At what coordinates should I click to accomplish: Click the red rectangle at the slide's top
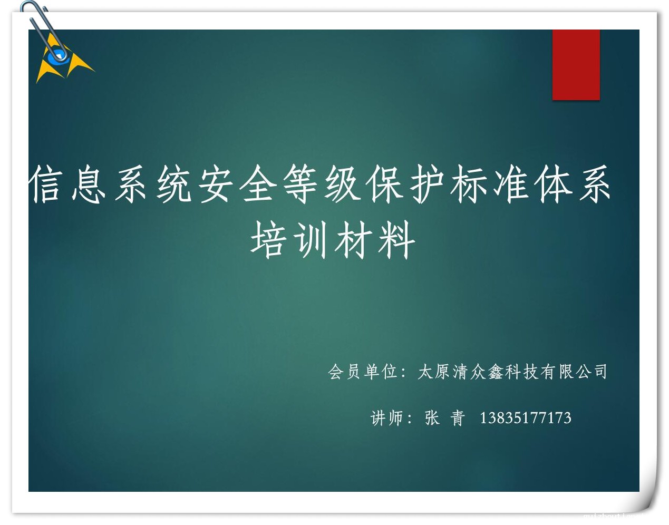point(576,65)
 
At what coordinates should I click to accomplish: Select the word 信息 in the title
point(67,184)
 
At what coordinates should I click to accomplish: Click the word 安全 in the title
point(237,184)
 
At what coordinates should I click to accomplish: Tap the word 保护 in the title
point(405,184)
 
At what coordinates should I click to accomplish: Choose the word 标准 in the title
point(489,184)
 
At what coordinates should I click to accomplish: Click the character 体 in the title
point(553,184)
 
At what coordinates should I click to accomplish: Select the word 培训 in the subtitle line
point(288,240)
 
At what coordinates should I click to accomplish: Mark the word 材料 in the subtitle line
point(375,240)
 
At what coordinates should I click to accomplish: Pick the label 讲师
point(386,418)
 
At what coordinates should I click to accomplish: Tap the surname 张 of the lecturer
point(432,418)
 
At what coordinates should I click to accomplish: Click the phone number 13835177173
point(526,418)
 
